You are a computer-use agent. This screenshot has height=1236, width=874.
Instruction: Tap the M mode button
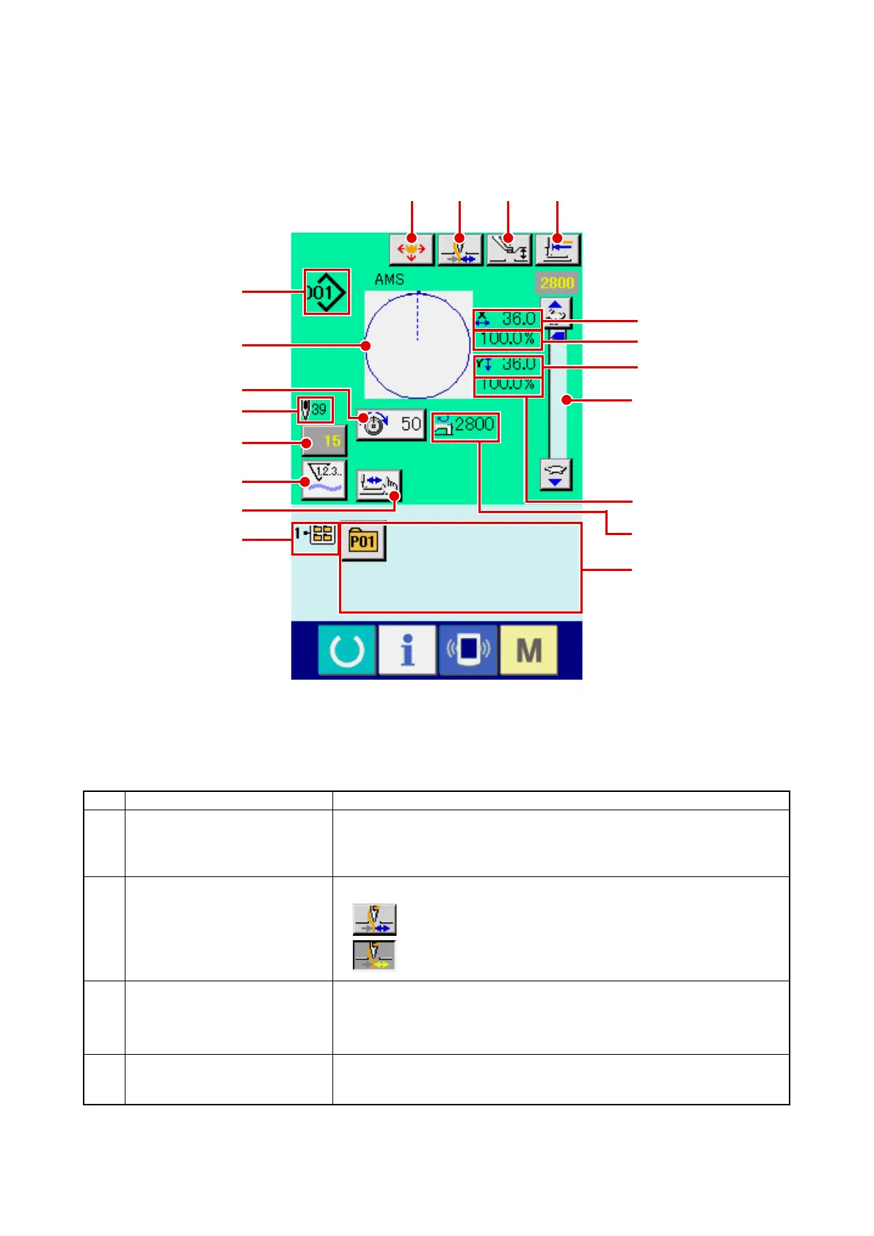[528, 650]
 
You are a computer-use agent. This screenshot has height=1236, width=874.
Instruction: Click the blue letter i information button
[407, 650]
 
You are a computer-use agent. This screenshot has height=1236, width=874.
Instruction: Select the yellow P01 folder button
[363, 542]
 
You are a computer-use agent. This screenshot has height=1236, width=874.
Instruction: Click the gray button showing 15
[324, 441]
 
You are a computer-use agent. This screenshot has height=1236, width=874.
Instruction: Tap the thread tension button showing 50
[391, 424]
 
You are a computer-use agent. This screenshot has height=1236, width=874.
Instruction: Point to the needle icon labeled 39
[316, 410]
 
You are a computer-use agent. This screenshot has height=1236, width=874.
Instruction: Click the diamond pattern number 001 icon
[326, 292]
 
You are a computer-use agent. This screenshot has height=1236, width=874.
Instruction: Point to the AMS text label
[389, 279]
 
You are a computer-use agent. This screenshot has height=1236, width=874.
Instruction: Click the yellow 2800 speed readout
[557, 283]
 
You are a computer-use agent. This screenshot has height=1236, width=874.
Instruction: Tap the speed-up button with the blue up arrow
[556, 311]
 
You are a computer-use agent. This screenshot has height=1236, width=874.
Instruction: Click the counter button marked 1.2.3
[324, 479]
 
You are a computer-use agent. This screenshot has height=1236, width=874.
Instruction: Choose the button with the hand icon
[379, 484]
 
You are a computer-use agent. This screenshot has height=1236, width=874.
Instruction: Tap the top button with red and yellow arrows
[412, 250]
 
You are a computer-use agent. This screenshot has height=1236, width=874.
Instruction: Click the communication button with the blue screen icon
[467, 650]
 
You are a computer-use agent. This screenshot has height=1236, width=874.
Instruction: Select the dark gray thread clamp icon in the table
[374, 956]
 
